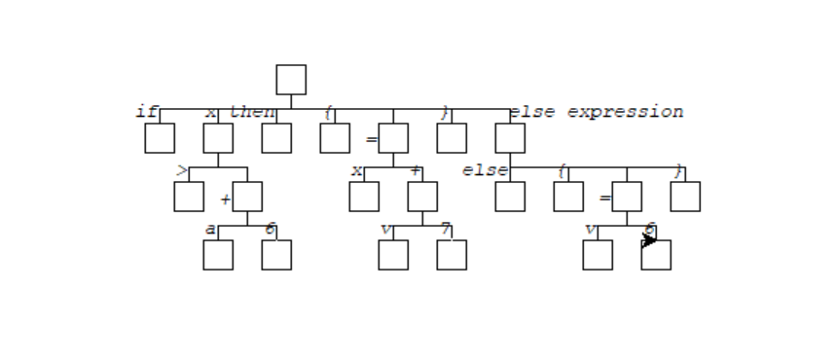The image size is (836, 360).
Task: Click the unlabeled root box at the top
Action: [290, 80]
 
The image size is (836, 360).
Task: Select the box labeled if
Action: [160, 138]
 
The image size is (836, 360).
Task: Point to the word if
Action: [146, 112]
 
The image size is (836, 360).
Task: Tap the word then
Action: [252, 112]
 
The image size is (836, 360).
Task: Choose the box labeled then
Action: [276, 138]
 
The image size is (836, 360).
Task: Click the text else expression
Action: [596, 112]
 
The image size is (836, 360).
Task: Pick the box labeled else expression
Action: [510, 138]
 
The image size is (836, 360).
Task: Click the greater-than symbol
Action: [182, 171]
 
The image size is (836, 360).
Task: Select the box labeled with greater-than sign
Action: [189, 197]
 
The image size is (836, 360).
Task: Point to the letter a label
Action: [210, 230]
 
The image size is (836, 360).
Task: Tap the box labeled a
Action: [218, 255]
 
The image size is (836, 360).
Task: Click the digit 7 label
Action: [445, 230]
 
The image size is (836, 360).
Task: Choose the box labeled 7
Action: [452, 255]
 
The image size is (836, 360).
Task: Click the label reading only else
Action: [485, 170]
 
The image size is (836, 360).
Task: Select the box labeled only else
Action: [510, 197]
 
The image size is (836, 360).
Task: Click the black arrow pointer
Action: [649, 239]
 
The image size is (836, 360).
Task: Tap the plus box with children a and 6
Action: [247, 197]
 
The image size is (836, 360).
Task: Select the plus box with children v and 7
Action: [422, 197]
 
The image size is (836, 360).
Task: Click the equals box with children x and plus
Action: [393, 138]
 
